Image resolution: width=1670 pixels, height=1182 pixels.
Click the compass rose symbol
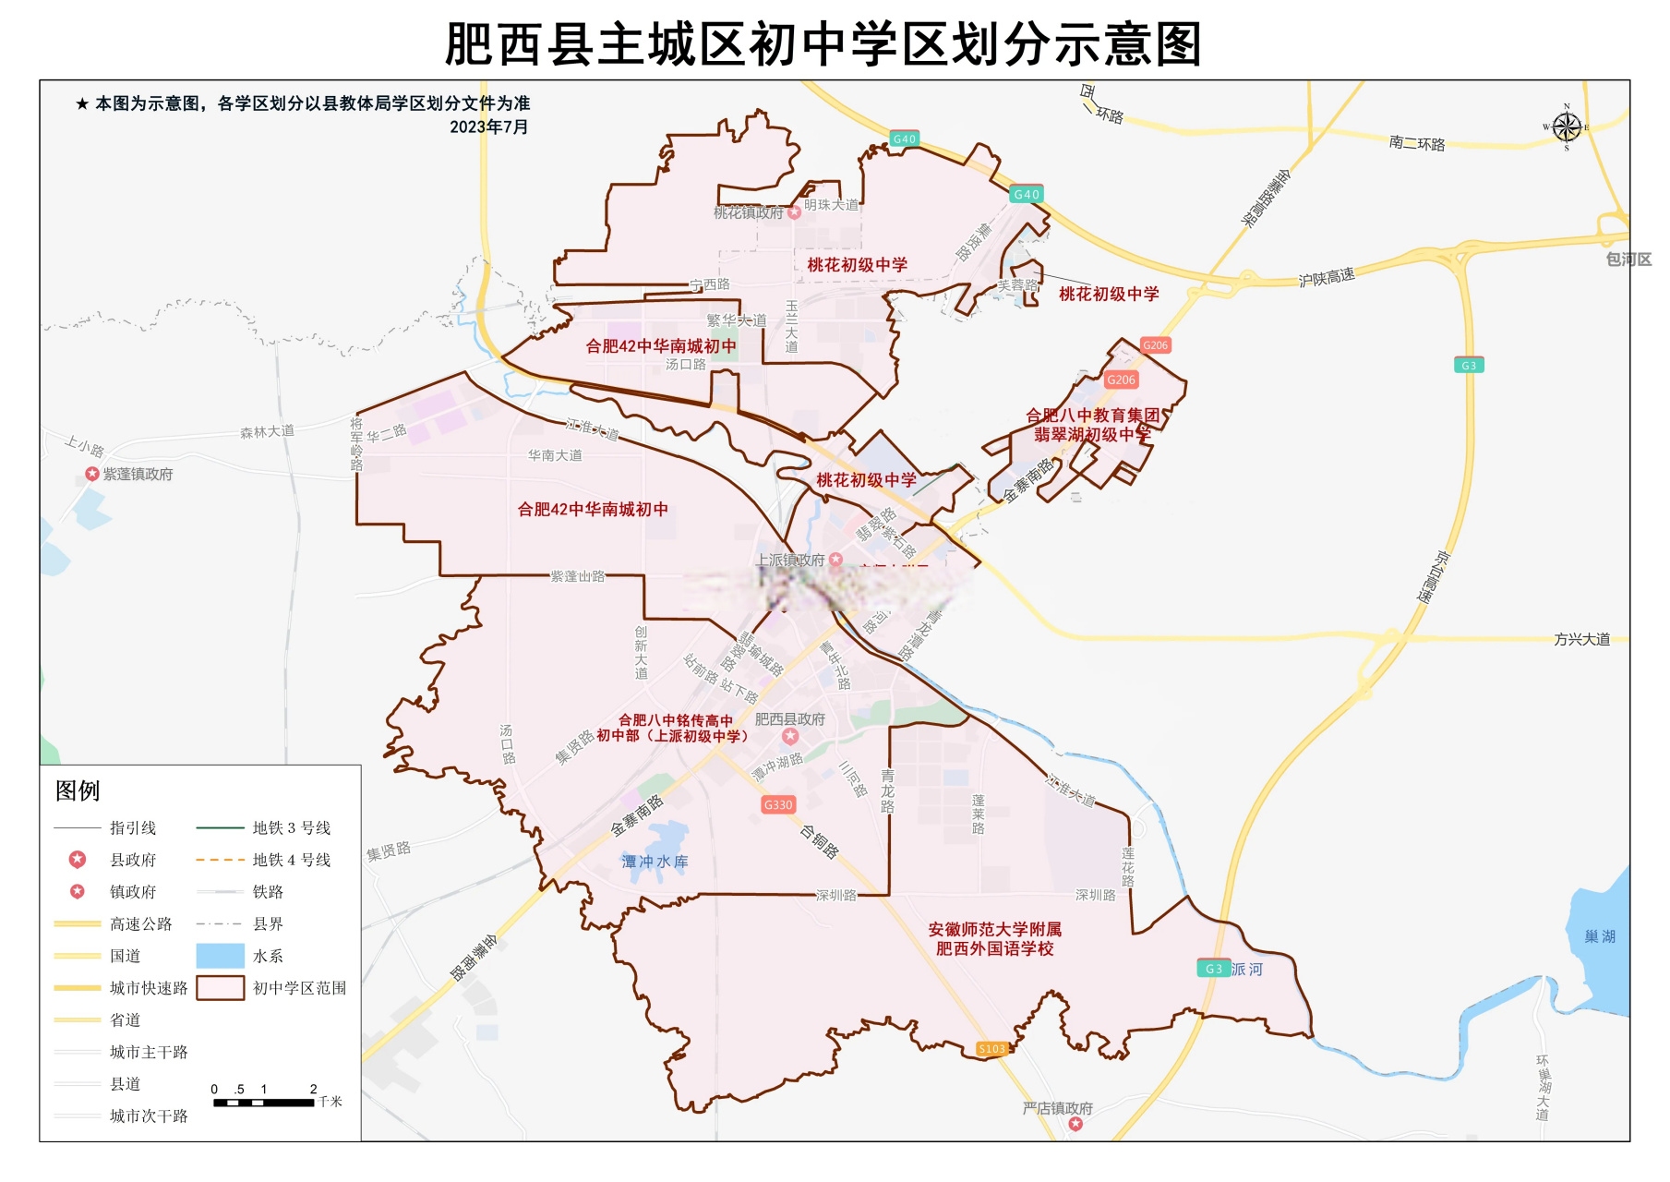pos(1566,127)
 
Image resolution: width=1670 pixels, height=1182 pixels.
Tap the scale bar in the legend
pos(264,1102)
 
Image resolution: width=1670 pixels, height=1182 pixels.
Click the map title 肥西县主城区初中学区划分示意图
pos(823,44)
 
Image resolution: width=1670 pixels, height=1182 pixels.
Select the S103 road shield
pos(991,1048)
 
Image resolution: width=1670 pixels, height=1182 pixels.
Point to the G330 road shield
pos(778,804)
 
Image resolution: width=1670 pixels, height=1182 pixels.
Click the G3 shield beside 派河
pos(1213,969)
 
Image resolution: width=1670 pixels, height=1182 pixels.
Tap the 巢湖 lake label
pos(1600,936)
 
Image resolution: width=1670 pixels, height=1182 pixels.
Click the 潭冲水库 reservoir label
pos(655,862)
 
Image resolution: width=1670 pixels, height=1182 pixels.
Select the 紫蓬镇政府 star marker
pos(92,474)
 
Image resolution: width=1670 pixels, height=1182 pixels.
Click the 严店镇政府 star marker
pos(1075,1124)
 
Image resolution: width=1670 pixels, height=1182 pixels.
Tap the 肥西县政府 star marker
pos(790,736)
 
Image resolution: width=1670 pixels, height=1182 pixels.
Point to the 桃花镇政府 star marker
pos(794,212)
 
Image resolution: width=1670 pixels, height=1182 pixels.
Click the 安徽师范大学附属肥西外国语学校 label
pos(994,938)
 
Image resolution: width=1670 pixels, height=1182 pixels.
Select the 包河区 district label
pos(1628,259)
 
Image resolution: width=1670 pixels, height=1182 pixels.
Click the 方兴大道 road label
pos(1581,639)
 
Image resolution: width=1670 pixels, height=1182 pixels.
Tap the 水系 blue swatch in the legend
pos(220,956)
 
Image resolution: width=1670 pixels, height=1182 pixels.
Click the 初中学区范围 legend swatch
pos(220,988)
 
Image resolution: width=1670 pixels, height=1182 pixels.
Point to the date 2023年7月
pos(488,127)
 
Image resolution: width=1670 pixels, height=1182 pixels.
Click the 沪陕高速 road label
pos(1326,277)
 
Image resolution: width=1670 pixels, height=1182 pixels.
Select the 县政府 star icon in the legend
pos(78,860)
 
